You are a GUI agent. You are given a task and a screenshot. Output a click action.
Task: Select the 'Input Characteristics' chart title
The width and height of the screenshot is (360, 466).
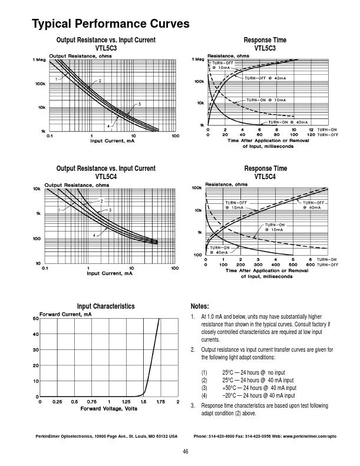click(105, 306)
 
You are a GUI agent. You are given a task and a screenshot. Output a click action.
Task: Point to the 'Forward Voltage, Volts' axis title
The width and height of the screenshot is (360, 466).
click(109, 408)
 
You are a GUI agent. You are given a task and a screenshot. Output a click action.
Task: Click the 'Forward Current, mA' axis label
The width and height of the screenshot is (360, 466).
click(65, 314)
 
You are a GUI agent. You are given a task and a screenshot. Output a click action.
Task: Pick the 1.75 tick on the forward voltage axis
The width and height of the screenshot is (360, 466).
click(160, 402)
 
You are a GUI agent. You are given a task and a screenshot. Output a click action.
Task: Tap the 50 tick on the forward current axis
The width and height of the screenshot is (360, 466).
click(35, 319)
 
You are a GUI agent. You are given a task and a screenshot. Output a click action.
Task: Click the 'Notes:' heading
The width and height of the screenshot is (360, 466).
click(200, 306)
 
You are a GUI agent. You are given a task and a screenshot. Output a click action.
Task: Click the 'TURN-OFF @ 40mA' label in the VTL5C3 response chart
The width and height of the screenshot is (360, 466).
click(265, 78)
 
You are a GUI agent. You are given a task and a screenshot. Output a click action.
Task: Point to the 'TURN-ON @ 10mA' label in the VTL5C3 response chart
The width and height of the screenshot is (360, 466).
click(265, 100)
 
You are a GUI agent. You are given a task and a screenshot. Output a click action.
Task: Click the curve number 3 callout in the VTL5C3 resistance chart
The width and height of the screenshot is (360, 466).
click(140, 104)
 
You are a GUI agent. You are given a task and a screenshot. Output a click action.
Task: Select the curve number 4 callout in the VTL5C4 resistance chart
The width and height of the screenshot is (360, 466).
click(94, 235)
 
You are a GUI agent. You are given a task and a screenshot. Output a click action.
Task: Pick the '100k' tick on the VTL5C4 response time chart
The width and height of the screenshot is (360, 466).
click(197, 188)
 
